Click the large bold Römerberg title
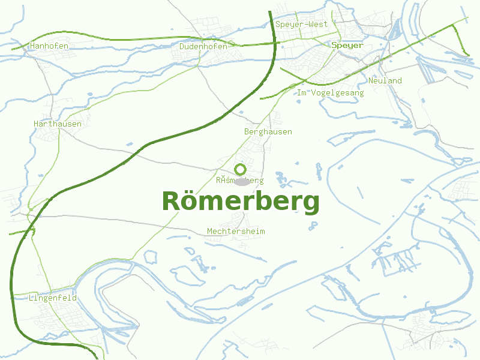click(241, 202)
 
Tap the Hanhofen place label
click(49, 46)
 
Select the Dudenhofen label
click(203, 46)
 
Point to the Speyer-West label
click(302, 25)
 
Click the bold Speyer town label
click(347, 46)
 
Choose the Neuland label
click(385, 81)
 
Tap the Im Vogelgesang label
click(331, 93)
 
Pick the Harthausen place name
click(58, 124)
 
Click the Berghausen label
click(268, 132)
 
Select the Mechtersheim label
click(236, 232)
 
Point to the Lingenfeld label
click(53, 298)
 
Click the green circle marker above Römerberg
click(241, 169)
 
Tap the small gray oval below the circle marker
click(241, 181)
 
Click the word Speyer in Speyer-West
click(289, 25)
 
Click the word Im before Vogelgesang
click(301, 93)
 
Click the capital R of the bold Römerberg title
click(171, 202)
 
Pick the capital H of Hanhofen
click(32, 46)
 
